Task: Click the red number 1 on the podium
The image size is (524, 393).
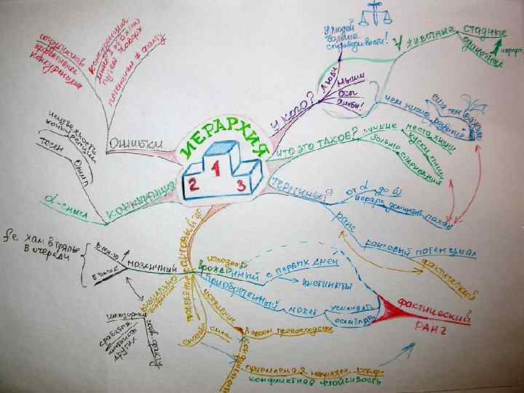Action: pyautogui.click(x=216, y=167)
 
